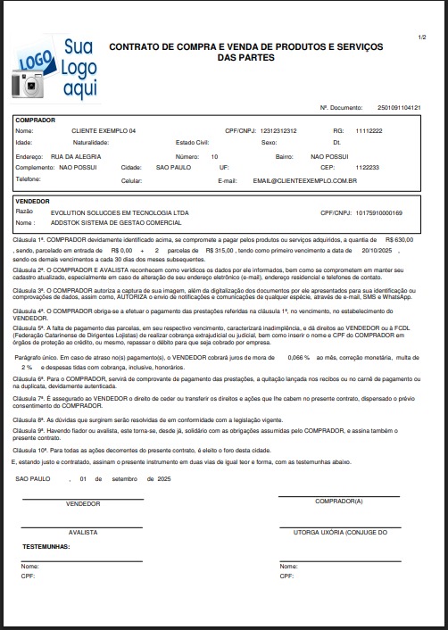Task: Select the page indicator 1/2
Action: click(x=421, y=37)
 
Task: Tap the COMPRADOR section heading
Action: click(x=36, y=120)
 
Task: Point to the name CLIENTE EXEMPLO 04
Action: click(x=104, y=131)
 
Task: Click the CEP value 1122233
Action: click(x=367, y=167)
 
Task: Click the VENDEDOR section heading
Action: click(x=34, y=202)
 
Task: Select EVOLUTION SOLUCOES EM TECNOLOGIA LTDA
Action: click(x=109, y=212)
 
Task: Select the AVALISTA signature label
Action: click(x=83, y=532)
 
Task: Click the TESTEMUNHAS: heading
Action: click(x=46, y=545)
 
